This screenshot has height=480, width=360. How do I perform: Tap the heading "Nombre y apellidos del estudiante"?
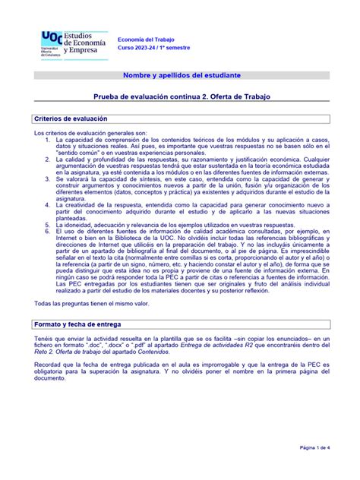[x=182, y=77]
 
